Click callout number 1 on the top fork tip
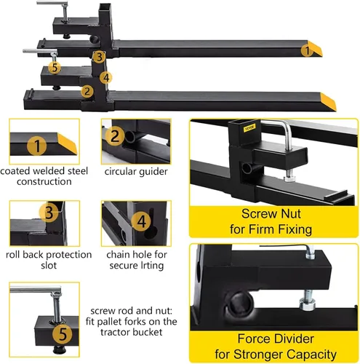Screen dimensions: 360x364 [x=307, y=51]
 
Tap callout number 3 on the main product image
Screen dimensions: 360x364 [x=99, y=57]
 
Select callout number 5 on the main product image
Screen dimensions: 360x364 [x=55, y=67]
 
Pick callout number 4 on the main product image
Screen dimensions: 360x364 [x=106, y=78]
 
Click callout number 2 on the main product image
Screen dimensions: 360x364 [x=87, y=91]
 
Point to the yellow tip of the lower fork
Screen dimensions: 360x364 [x=329, y=102]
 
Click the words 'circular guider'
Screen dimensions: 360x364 [x=136, y=172]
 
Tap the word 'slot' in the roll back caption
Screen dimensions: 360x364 [x=49, y=265]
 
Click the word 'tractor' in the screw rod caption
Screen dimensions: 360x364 [x=116, y=332]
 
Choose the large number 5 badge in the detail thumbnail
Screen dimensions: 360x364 [x=63, y=333]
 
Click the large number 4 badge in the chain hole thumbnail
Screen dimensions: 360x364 [x=141, y=221]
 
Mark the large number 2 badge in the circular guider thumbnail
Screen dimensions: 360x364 [x=115, y=136]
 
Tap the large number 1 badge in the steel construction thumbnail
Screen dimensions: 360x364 [x=37, y=146]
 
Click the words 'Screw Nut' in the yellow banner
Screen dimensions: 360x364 [x=271, y=214]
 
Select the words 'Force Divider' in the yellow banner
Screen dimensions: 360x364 [x=276, y=339]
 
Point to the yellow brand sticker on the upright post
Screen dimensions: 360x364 [x=249, y=127]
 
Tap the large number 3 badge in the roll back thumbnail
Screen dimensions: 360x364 [x=49, y=213]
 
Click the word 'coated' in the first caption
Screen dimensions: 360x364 [x=15, y=171]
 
